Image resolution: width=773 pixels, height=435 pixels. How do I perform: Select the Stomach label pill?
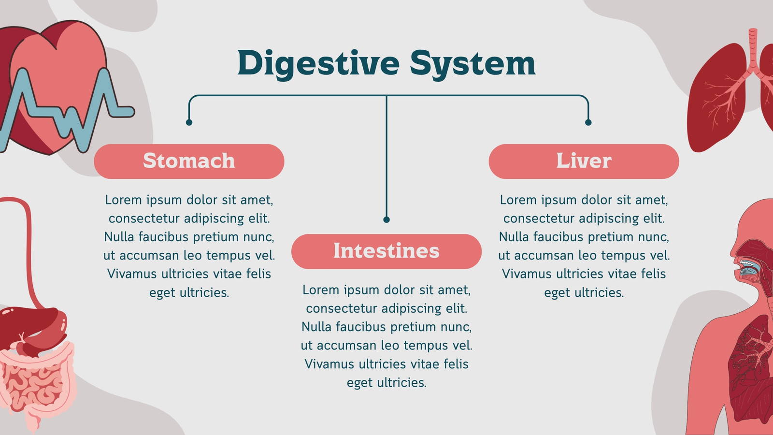189,161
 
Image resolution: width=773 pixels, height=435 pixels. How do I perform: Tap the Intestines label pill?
386,251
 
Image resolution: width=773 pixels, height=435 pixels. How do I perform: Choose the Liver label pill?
584,161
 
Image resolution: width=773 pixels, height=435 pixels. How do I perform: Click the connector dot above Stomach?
189,122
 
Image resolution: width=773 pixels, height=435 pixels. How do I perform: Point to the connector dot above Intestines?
386,219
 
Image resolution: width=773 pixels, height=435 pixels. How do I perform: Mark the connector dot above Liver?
588,122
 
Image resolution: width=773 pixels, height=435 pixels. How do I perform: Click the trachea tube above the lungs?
753,48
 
